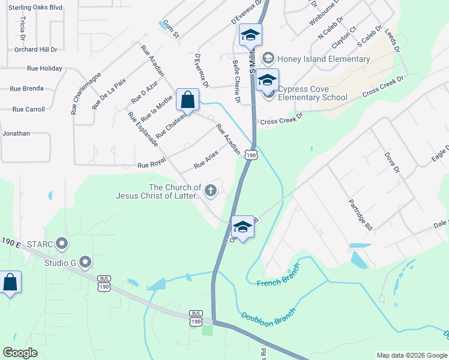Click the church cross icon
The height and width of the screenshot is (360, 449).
click(x=211, y=191)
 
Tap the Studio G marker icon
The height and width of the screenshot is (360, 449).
click(x=85, y=262)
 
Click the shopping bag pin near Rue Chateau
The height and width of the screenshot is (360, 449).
click(x=187, y=100)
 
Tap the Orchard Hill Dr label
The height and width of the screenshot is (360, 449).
click(x=35, y=50)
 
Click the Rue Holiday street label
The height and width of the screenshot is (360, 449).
click(x=43, y=68)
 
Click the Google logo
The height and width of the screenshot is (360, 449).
click(x=20, y=353)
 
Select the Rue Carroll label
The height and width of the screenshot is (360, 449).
click(x=28, y=109)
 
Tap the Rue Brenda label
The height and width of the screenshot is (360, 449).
click(x=26, y=89)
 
